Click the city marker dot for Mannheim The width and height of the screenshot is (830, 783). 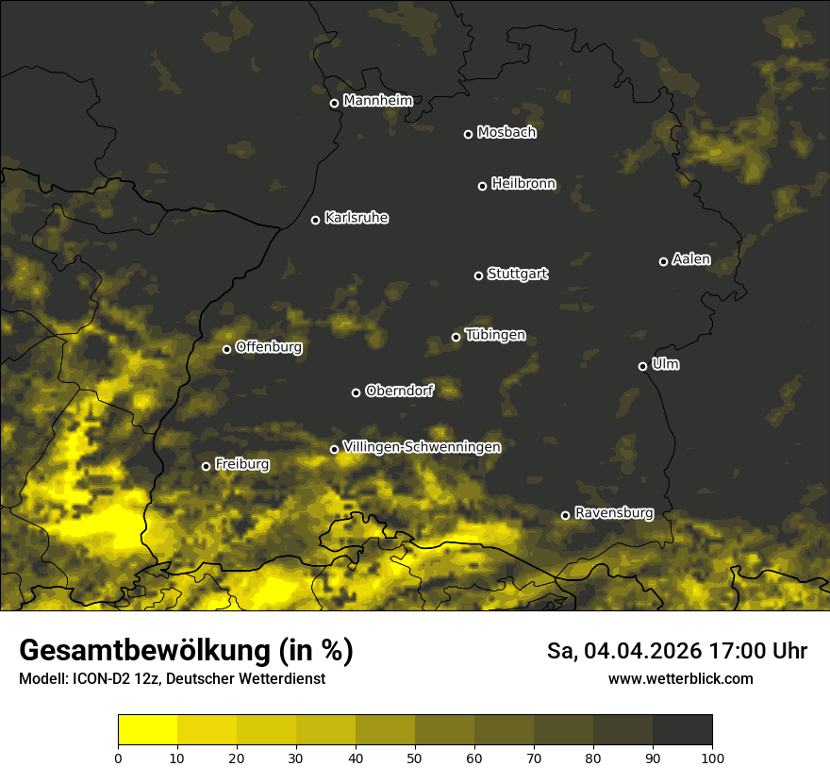[334, 104]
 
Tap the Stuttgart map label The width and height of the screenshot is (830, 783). [517, 274]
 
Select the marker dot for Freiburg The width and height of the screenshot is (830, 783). [206, 466]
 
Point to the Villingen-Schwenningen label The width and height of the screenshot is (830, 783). [422, 446]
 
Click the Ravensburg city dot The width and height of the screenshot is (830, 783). [566, 515]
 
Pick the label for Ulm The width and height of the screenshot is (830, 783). [665, 364]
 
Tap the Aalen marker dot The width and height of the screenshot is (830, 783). [663, 261]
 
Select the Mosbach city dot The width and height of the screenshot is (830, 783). [468, 134]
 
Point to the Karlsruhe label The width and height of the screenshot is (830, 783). [357, 218]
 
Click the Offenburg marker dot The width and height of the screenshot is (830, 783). [226, 349]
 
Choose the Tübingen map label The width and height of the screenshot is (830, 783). [495, 335]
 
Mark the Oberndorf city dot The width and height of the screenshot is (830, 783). [356, 392]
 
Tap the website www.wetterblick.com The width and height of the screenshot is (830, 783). [680, 678]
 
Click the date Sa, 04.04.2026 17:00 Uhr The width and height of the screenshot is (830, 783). [676, 651]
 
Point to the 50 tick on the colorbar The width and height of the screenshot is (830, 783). [415, 757]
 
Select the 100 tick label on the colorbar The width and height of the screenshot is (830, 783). [712, 757]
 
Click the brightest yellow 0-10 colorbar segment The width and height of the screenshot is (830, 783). [148, 730]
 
